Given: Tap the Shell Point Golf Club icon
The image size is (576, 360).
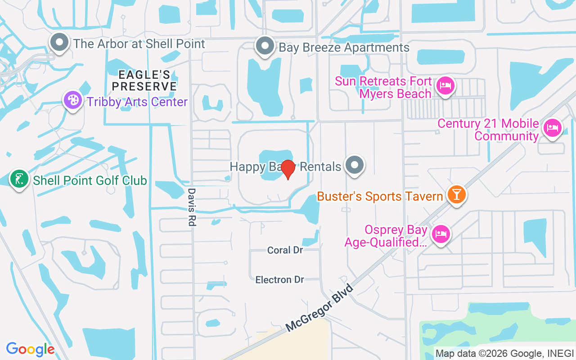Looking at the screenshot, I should coord(19,179).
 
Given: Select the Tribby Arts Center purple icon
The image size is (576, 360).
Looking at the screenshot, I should coord(73,100).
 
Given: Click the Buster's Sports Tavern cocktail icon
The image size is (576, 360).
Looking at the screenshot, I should coord(457,194).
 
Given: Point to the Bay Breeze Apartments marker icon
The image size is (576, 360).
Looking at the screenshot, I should coord(265,46).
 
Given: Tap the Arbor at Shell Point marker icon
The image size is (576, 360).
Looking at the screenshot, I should coord(59,43).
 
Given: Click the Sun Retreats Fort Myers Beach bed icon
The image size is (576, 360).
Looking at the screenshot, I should coord(445,85).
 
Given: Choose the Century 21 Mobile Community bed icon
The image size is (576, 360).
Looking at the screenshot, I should coord(552,128).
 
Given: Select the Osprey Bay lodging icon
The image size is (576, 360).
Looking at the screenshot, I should coord(441,234).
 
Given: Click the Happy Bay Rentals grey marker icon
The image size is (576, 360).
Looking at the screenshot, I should coord(355,165).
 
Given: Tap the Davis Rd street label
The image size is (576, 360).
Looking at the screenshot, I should coord(192,207).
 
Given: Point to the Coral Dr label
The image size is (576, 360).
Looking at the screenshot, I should coord(285,250).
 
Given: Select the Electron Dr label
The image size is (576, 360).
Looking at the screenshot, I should coord(280,280).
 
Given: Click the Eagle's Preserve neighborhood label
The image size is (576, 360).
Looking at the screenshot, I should coord(144,80).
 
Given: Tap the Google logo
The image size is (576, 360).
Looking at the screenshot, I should coord(30,349).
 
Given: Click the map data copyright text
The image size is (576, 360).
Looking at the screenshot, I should coord(504,354).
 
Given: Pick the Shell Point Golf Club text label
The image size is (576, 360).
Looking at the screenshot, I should coord(90,181).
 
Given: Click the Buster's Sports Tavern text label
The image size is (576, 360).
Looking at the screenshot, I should coord(380,197).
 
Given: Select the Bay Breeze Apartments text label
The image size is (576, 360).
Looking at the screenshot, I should coord(344,48).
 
